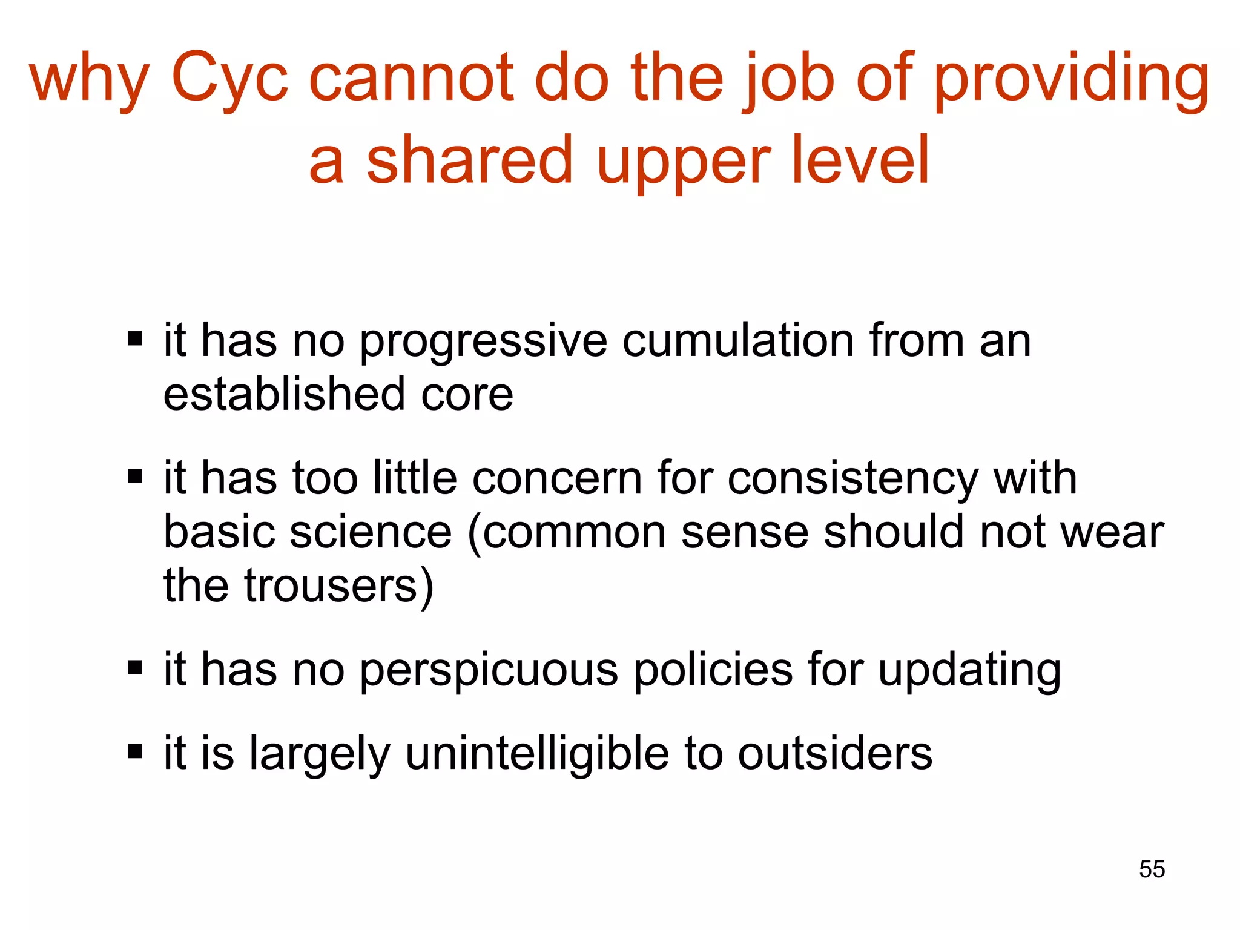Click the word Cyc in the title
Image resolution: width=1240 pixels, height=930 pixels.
click(230, 79)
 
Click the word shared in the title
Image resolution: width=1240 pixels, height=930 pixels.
click(470, 160)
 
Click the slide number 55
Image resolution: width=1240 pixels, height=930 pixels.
click(1152, 869)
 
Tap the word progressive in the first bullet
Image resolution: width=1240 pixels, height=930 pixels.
click(483, 342)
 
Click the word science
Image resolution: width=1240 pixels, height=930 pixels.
click(371, 533)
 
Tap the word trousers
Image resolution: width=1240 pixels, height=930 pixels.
click(339, 586)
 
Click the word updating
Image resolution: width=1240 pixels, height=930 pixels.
click(969, 671)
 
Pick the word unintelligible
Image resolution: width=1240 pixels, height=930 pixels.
click(537, 755)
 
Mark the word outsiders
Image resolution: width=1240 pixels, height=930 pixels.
click(835, 754)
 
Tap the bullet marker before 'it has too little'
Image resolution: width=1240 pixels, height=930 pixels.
click(135, 477)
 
